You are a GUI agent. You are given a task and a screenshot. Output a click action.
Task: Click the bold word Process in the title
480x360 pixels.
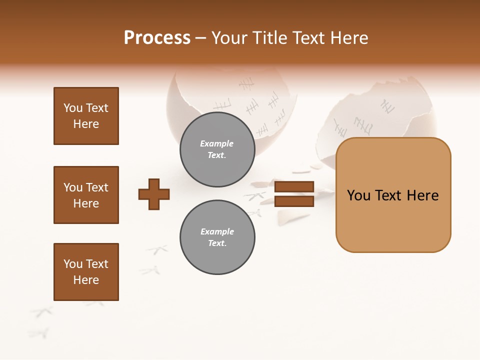[157, 38]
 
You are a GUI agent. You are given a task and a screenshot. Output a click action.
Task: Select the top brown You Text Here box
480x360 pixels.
[86, 116]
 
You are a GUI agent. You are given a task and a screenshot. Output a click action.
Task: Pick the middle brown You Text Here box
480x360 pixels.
[86, 195]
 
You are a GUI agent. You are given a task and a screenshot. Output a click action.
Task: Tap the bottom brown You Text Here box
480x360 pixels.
[86, 272]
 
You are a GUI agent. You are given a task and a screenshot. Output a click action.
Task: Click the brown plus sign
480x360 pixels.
[154, 193]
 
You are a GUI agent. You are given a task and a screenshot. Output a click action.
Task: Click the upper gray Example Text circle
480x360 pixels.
[217, 149]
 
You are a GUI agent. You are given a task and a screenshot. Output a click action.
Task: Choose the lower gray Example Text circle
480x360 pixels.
[217, 237]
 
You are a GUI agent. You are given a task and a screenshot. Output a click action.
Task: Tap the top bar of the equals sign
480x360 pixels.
[294, 187]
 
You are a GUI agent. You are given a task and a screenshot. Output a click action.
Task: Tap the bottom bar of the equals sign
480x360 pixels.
[294, 201]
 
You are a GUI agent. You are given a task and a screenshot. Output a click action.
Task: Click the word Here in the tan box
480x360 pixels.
[422, 195]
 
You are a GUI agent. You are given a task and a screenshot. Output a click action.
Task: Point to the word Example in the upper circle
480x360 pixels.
[217, 143]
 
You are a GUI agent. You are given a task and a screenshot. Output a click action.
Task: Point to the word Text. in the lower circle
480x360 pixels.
[217, 243]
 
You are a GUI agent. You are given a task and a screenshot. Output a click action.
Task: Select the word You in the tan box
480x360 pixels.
[359, 195]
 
